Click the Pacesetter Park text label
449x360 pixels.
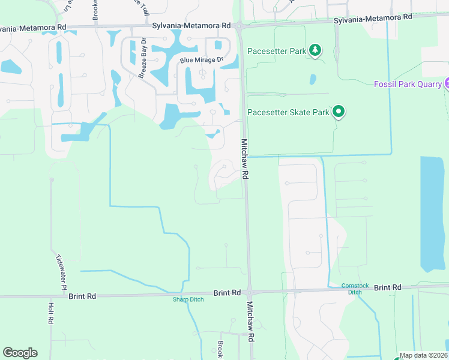click(x=276, y=51)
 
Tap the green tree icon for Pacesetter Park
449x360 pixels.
click(x=315, y=50)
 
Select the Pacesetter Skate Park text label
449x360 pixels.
click(x=288, y=112)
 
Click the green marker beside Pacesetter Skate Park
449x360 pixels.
click(x=339, y=111)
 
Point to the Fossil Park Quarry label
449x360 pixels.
click(x=408, y=83)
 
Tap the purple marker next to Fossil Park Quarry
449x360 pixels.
click(x=447, y=83)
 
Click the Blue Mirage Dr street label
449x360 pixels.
click(x=201, y=60)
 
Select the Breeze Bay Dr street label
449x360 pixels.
click(x=143, y=59)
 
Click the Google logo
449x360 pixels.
click(x=20, y=353)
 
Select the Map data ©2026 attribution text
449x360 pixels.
click(x=423, y=355)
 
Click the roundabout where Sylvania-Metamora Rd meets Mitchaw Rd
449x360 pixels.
click(x=240, y=26)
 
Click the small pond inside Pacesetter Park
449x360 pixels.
click(x=312, y=79)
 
